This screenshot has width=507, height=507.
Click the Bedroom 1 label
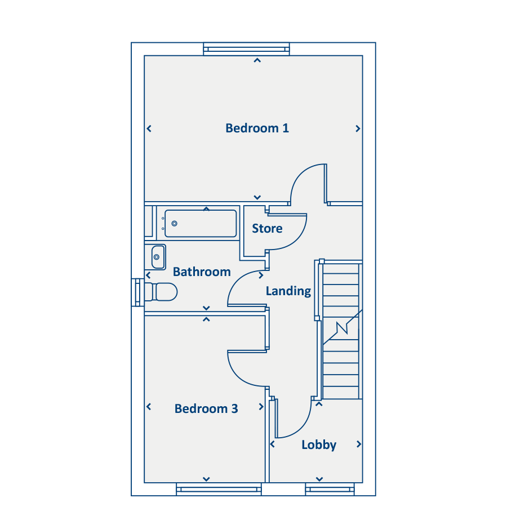pos(257,128)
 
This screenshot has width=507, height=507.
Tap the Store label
pos(267,228)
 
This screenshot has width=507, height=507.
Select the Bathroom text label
pos(202,272)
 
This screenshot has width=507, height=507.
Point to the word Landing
pos(288,291)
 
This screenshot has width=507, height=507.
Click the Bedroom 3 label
pos(206,408)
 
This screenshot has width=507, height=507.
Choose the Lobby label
pos(319,445)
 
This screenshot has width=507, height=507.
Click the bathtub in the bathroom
pos(201,224)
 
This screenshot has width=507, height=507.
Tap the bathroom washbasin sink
pos(158,257)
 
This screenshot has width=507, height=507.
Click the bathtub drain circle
pos(174,224)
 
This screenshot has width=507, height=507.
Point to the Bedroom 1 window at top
pos(246,49)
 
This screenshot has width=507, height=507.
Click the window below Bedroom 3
pos(219,489)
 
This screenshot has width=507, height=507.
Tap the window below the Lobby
pos(330,489)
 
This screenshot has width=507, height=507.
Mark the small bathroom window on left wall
pos(138,292)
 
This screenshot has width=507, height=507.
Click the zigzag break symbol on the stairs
pos(343,327)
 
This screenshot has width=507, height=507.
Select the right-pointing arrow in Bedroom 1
pos(358,128)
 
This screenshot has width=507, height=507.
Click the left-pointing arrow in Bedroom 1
pos(149,128)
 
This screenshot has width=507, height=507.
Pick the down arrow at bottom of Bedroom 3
pos(206,479)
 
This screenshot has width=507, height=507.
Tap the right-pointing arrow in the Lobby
pos(359,444)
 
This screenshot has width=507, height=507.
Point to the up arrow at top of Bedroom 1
pos(257,60)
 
